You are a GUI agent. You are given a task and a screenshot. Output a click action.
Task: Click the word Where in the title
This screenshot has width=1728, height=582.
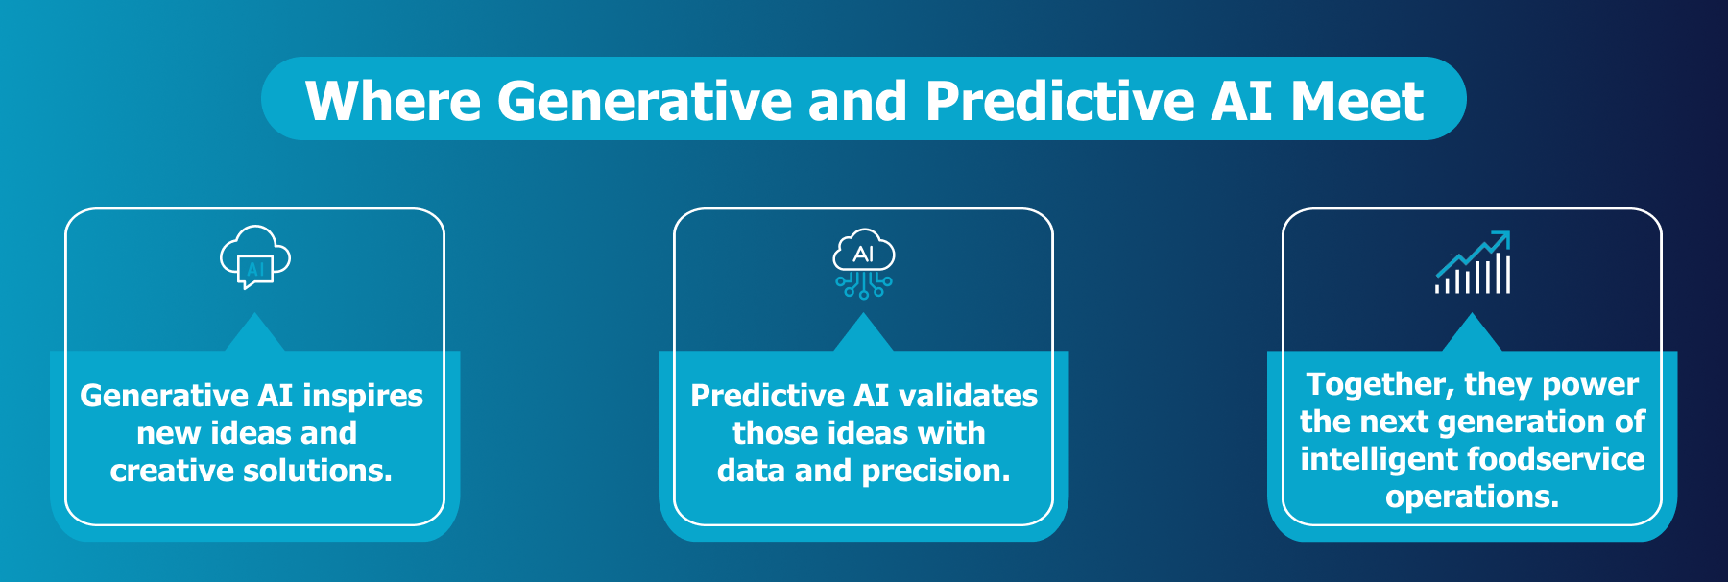point(393,101)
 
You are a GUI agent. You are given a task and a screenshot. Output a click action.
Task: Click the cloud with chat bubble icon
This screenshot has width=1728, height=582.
point(254,257)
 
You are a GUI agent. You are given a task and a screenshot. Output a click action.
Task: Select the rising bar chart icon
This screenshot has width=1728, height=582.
point(1473,263)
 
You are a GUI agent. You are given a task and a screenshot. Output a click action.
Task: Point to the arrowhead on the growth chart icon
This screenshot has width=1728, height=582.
point(1502,237)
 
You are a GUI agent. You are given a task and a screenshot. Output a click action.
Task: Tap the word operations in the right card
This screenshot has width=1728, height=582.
point(1472,497)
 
